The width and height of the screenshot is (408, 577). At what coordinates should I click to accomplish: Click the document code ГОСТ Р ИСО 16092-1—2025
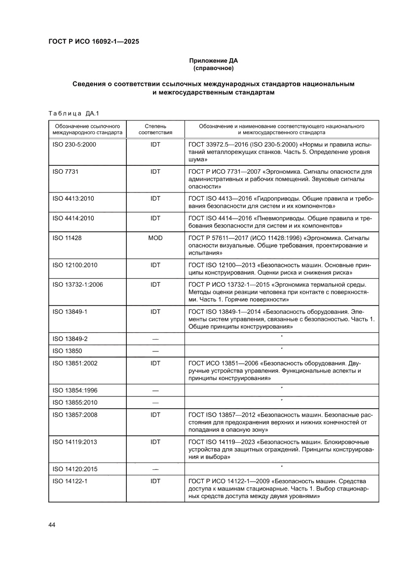tap(93, 42)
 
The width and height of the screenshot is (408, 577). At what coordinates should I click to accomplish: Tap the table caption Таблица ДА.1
tap(74, 113)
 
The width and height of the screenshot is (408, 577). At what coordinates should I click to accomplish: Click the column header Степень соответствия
tap(155, 129)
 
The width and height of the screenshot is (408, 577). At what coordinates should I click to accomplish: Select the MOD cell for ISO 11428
tap(155, 238)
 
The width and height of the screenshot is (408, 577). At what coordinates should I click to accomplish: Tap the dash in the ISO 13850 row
tap(155, 351)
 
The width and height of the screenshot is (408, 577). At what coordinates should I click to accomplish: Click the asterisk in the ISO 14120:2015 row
tap(281, 466)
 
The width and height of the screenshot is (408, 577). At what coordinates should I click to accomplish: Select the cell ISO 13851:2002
tap(75, 363)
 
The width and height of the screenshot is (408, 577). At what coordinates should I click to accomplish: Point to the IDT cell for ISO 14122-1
tap(155, 480)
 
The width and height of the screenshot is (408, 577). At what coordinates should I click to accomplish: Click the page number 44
tap(52, 524)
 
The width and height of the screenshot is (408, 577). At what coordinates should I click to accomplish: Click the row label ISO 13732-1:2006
tap(78, 285)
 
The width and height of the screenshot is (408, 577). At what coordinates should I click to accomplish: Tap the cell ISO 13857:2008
tap(75, 415)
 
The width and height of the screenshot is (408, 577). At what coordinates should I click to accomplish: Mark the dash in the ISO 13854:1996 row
tap(155, 390)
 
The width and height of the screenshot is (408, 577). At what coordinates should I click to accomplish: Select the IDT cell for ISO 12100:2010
tap(155, 265)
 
